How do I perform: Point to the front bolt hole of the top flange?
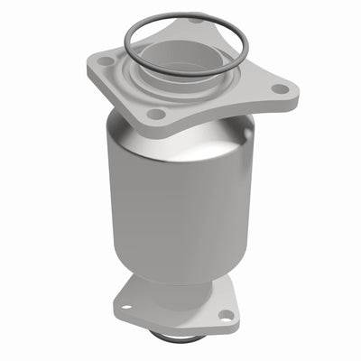coord(157,115)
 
